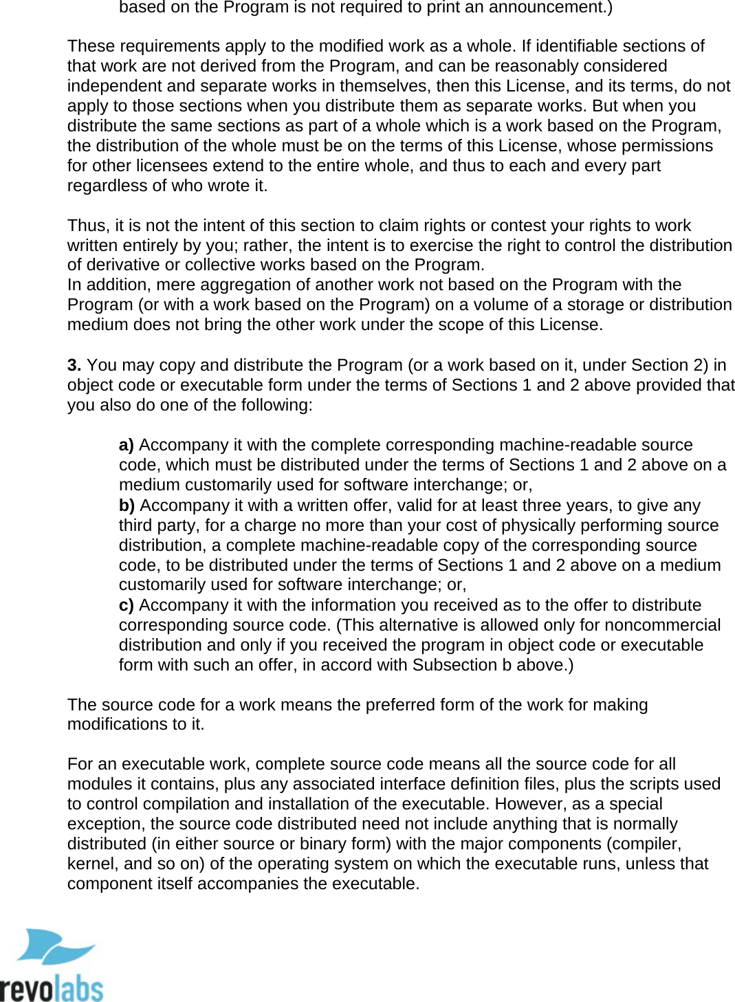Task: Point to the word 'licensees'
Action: [172, 166]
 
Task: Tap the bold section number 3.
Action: [74, 365]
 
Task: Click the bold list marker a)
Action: [126, 445]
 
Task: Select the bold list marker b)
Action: [127, 505]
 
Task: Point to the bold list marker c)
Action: [126, 605]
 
